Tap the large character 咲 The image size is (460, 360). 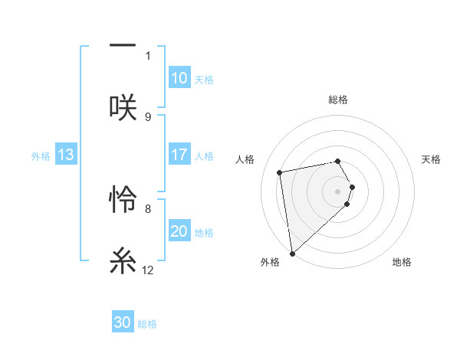(123, 106)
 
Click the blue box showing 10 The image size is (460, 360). (179, 78)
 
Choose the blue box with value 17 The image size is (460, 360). (179, 155)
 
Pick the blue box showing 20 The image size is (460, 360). (179, 231)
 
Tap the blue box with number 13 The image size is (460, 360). (66, 155)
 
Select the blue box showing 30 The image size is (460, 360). (123, 322)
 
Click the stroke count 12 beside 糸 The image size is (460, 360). (148, 270)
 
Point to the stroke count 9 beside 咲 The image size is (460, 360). (148, 116)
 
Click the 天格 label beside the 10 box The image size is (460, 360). (204, 79)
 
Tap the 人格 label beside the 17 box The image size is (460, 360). (204, 155)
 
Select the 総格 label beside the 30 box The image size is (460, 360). (147, 323)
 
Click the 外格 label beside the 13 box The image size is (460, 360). (41, 155)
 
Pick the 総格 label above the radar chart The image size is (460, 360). (338, 100)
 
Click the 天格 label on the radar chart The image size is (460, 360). (431, 159)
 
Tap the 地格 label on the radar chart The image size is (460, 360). (402, 262)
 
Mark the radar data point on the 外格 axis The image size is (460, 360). (292, 253)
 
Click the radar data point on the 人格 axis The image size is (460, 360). (280, 172)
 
